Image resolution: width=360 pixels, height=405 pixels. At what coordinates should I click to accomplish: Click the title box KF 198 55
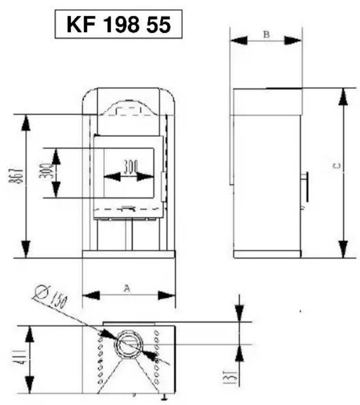118,24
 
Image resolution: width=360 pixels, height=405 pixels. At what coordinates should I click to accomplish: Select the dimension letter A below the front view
127,288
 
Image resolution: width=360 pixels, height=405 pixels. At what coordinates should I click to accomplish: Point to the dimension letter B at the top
266,34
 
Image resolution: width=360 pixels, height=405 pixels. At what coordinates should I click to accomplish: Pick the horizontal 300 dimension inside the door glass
129,166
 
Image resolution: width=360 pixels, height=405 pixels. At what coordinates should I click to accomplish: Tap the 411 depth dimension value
19,360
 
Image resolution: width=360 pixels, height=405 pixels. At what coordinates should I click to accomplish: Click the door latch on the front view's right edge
163,186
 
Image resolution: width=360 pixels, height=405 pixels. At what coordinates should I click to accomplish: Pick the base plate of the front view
128,254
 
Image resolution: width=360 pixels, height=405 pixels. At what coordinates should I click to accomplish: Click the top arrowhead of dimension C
344,96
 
